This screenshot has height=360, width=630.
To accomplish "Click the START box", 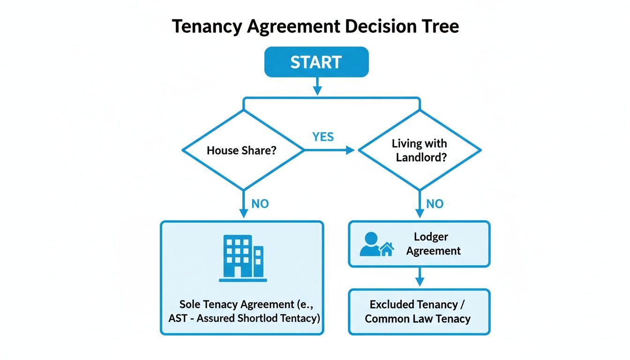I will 316,62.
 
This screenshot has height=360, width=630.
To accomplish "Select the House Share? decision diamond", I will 243,150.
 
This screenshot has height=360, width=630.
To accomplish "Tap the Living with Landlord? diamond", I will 420,150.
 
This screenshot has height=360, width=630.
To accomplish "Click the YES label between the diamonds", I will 323,137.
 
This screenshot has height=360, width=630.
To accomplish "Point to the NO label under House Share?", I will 260,204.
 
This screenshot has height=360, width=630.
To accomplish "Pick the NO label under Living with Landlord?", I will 435,204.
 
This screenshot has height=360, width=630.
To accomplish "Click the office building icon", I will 243,258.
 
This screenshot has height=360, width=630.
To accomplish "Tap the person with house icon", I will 376,245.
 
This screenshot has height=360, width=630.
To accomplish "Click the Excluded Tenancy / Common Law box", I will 419,312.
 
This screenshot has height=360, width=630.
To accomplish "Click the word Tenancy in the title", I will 206,27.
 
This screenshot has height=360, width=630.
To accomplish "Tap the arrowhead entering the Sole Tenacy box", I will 243,214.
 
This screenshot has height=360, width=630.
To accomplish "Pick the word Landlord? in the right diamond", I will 420,157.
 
